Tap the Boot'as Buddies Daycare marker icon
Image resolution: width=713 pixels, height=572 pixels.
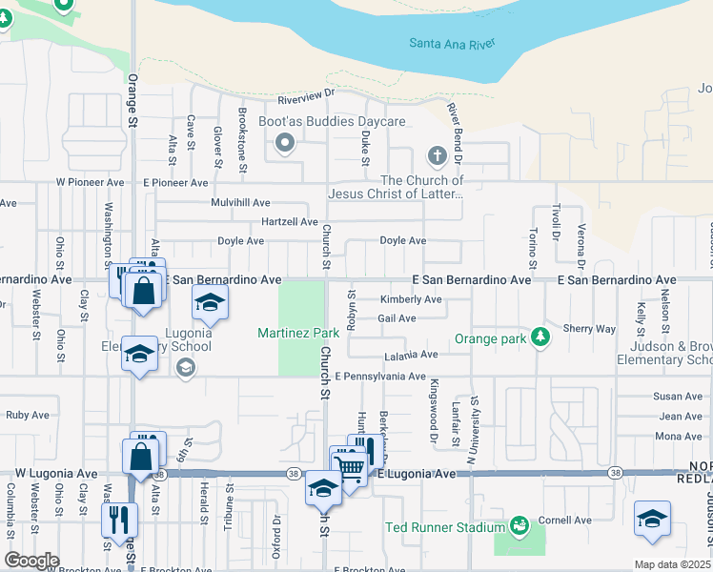pos(284,144)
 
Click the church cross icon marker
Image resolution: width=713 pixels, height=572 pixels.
pos(437,154)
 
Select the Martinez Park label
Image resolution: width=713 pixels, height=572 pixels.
pos(298,333)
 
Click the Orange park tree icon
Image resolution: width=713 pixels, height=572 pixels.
pos(540,337)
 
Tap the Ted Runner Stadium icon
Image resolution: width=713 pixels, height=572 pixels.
pos(519,526)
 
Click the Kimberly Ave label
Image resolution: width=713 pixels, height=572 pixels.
pos(411,299)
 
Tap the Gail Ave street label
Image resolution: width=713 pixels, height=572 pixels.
pos(397,318)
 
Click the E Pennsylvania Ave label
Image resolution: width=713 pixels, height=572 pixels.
pos(379,377)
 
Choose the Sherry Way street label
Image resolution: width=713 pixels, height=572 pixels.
pos(589,329)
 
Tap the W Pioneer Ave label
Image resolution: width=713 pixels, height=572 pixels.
pos(90,182)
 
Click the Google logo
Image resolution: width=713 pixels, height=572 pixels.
pos(31,561)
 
